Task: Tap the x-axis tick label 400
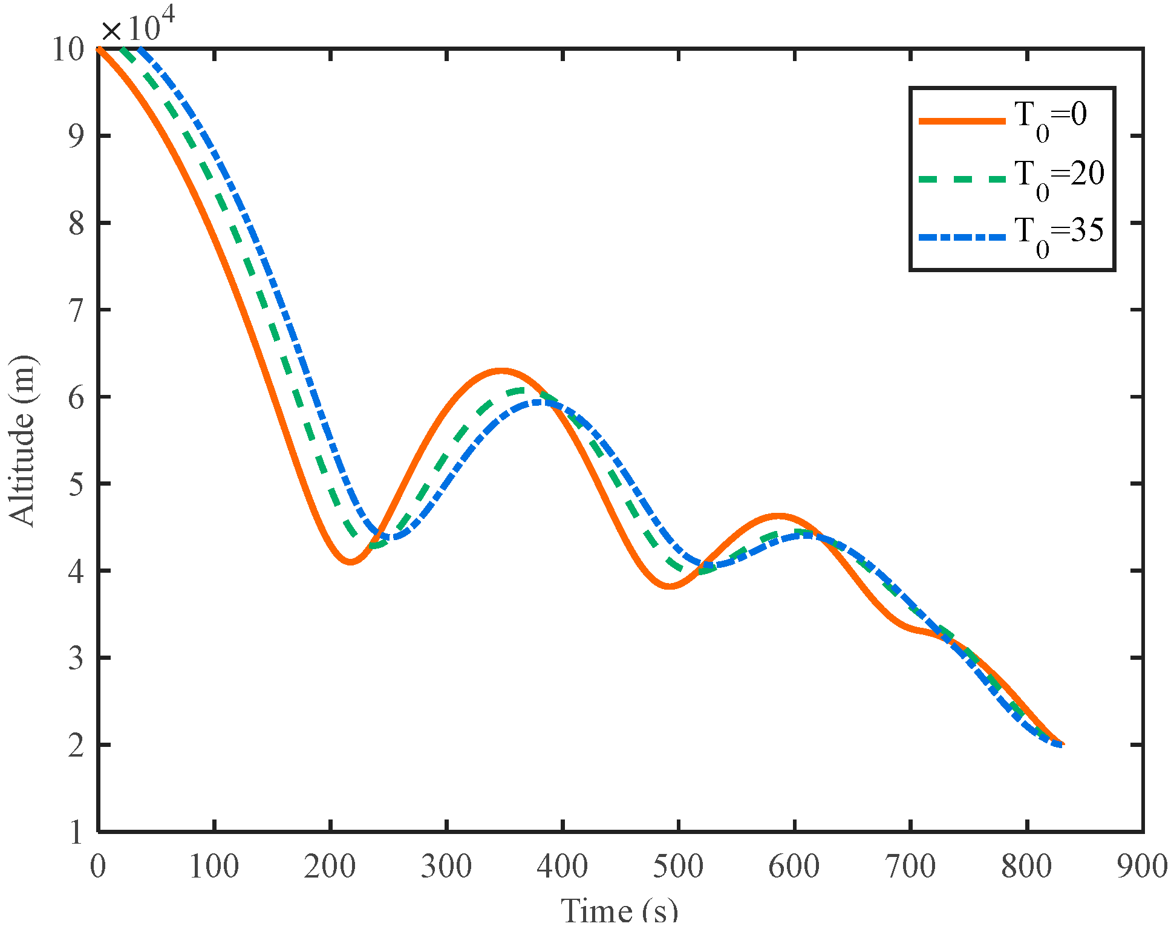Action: pos(562,866)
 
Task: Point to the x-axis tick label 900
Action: pos(1142,866)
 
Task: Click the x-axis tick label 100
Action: pos(214,866)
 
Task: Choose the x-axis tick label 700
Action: pos(910,866)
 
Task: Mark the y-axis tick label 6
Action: pos(76,397)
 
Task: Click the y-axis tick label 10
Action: pos(68,49)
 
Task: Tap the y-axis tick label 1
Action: pos(76,832)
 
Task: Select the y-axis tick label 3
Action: pos(76,658)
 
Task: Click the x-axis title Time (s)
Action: pos(619,911)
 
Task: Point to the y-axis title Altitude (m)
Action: pos(22,440)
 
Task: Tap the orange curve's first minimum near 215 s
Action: pos(350,562)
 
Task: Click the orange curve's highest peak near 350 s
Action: pos(501,370)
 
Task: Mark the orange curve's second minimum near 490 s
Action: pos(669,586)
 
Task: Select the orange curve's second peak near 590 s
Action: pos(778,516)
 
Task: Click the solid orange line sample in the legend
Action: pos(962,121)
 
